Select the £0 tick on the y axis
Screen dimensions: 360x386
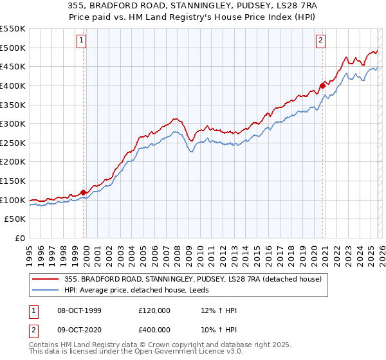point(21,239)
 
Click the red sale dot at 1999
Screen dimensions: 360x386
point(83,192)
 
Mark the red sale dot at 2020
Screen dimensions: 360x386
point(322,85)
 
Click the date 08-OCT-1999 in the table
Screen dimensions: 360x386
point(80,310)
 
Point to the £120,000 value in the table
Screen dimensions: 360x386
point(154,310)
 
